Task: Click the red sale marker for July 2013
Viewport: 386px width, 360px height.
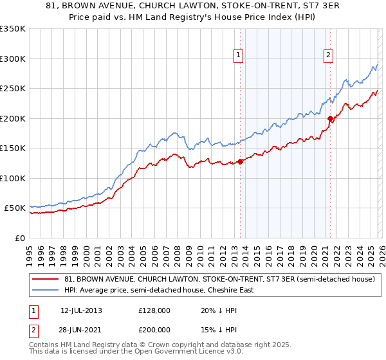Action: pos(240,161)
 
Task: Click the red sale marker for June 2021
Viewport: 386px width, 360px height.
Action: pos(330,118)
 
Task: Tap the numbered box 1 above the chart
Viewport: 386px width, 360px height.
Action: pos(239,56)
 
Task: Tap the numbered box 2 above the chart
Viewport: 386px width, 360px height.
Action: pos(328,56)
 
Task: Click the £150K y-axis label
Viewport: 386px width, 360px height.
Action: pos(13,148)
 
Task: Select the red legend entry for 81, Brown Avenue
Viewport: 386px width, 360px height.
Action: pos(219,279)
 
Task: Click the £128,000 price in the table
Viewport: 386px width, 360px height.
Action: pos(154,310)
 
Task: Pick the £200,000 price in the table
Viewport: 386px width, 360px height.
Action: pos(154,328)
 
